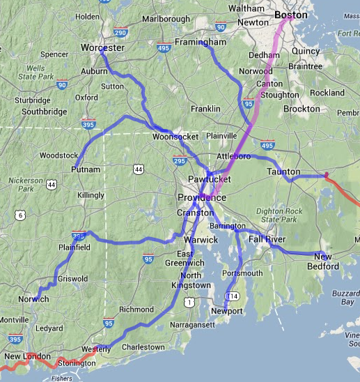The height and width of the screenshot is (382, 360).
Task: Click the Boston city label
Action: click(x=290, y=14)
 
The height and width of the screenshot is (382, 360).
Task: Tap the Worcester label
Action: click(x=102, y=47)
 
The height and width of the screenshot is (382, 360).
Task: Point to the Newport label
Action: click(x=226, y=310)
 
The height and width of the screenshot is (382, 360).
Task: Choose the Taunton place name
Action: click(x=283, y=171)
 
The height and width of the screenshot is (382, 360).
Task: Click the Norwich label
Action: click(x=32, y=299)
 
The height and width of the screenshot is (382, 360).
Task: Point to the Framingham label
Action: click(x=200, y=43)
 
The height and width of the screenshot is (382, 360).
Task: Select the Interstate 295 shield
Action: click(x=180, y=161)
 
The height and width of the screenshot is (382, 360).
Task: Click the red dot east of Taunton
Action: click(x=327, y=174)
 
